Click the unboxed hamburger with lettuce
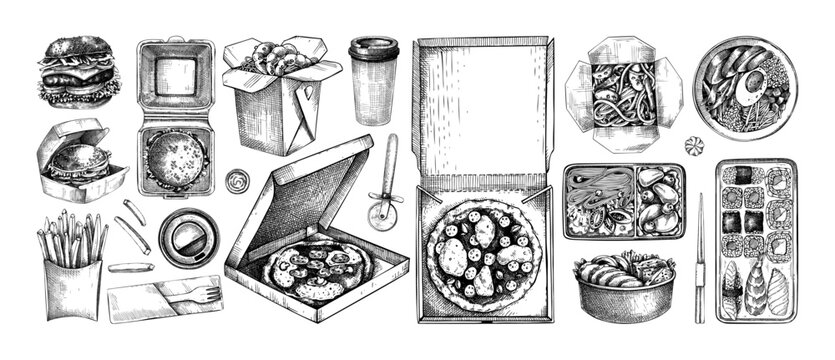click(75, 72)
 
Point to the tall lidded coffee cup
click(374, 82)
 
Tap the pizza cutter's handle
click(390, 160)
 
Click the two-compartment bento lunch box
click(624, 201)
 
